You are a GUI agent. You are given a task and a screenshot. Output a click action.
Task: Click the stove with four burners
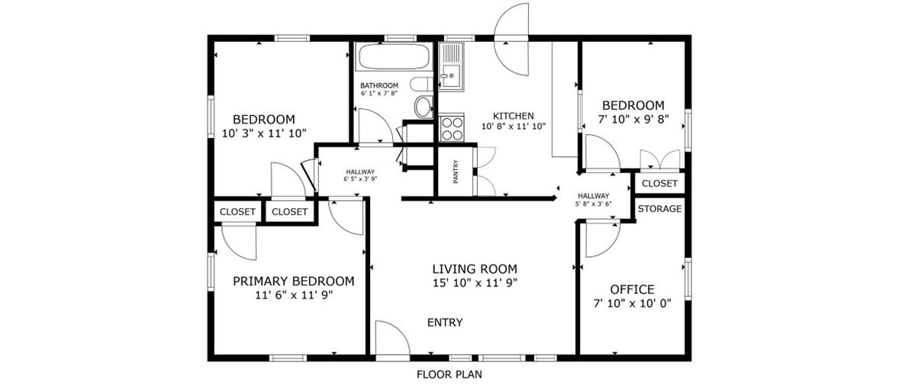[452, 127]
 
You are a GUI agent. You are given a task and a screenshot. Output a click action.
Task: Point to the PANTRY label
[456, 172]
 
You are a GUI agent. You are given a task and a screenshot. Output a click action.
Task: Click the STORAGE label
[659, 209]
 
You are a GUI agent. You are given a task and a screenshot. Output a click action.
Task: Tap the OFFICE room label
[633, 289]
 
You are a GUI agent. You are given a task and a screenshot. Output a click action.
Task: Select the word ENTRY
[445, 323]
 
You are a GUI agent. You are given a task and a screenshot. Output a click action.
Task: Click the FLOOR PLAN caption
[449, 375]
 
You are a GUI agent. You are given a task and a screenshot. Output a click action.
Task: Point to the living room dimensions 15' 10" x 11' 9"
[475, 281]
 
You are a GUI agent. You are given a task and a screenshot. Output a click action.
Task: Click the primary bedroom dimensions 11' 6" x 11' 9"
[294, 295]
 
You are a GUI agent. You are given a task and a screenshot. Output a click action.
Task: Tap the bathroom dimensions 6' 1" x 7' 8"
[379, 93]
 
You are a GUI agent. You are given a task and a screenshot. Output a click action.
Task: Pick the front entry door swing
[392, 339]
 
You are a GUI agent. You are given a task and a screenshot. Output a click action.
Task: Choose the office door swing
[603, 240]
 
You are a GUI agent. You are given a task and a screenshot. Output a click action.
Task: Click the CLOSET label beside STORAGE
[659, 184]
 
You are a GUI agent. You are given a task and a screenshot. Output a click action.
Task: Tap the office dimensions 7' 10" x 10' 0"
[640, 304]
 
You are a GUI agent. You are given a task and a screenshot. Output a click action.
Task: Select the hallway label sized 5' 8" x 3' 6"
[594, 199]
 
